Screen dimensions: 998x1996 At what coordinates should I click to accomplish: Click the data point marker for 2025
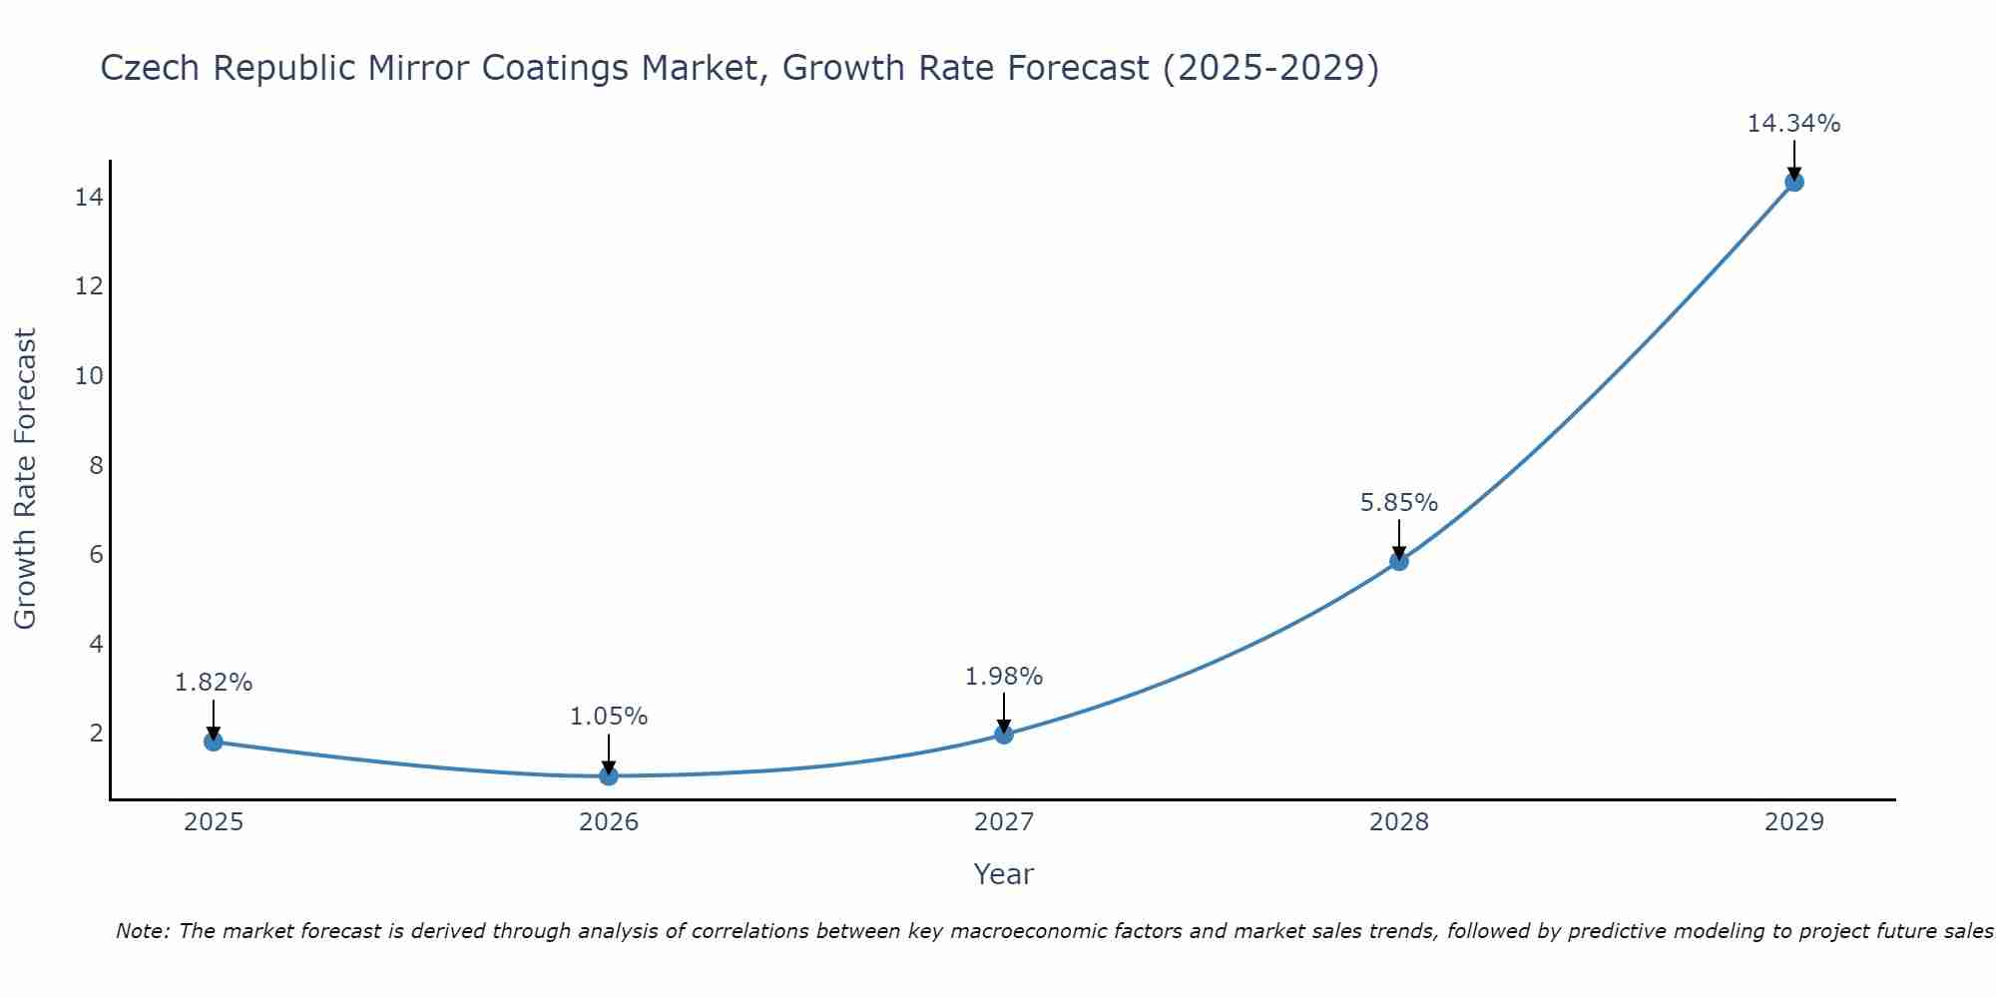pyautogui.click(x=213, y=742)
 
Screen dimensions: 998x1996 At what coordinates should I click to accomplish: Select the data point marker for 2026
pyautogui.click(x=609, y=775)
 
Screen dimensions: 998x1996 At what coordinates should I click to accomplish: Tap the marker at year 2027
pyautogui.click(x=1004, y=735)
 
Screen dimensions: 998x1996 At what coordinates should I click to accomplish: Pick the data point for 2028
pyautogui.click(x=1399, y=561)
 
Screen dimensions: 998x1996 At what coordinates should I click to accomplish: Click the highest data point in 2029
pyautogui.click(x=1794, y=182)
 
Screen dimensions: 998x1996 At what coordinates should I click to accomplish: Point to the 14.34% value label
pyautogui.click(x=1793, y=124)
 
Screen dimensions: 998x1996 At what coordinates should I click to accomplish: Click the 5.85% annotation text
pyautogui.click(x=1399, y=503)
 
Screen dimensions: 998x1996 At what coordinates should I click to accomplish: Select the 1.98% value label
pyautogui.click(x=1004, y=677)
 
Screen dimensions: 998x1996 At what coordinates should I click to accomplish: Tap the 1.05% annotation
pyautogui.click(x=609, y=717)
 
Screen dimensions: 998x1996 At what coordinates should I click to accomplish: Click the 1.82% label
pyautogui.click(x=214, y=683)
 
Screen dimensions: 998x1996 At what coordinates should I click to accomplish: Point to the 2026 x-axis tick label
pyautogui.click(x=609, y=822)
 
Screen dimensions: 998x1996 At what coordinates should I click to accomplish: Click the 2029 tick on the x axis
pyautogui.click(x=1794, y=822)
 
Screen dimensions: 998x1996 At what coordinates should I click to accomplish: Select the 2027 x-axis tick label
pyautogui.click(x=1004, y=822)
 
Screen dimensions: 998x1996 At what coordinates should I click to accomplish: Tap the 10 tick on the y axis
pyautogui.click(x=89, y=376)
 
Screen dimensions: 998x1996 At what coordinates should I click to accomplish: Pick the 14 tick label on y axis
pyautogui.click(x=89, y=198)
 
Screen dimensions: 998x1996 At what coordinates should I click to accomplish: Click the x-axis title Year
pyautogui.click(x=1004, y=874)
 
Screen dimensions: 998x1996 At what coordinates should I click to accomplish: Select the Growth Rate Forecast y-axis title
pyautogui.click(x=26, y=479)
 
